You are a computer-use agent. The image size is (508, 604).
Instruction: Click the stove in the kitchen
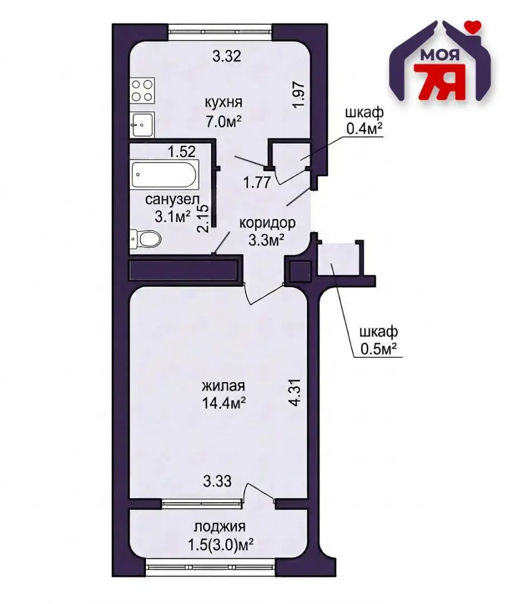pyautogui.click(x=142, y=91)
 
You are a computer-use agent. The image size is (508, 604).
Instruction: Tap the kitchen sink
pyautogui.click(x=143, y=124)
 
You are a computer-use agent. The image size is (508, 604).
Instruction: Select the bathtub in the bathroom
pyautogui.click(x=165, y=176)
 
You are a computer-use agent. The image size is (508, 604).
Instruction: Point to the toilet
pyautogui.click(x=146, y=239)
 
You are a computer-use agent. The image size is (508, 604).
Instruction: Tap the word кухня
pyautogui.click(x=223, y=103)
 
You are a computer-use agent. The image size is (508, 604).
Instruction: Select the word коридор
pyautogui.click(x=267, y=223)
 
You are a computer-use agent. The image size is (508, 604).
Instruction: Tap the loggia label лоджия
pyautogui.click(x=220, y=527)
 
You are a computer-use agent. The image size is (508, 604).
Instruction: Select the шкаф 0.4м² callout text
pyautogui.click(x=364, y=121)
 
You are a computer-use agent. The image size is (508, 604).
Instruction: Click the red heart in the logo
pyautogui.click(x=474, y=25)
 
